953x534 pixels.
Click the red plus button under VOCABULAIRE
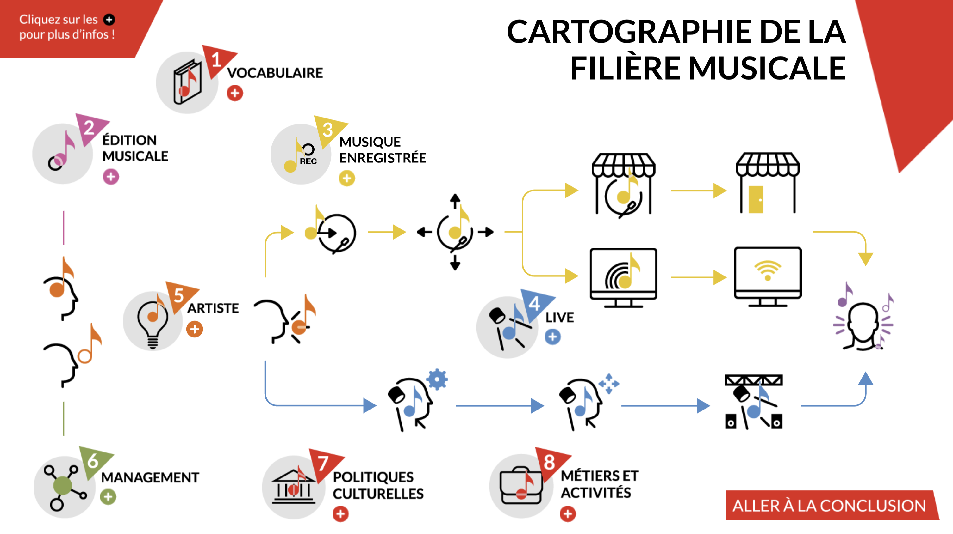pos(235,93)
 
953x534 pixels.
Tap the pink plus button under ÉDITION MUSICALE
pos(111,177)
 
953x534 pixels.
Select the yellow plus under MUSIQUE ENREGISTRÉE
pos(347,179)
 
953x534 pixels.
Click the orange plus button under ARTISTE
pos(195,329)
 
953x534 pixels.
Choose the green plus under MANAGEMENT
pos(108,497)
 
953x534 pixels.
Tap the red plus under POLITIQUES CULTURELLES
pos(340,514)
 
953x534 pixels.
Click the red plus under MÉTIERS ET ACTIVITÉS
pos(568,514)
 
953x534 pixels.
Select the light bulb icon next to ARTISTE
pos(153,322)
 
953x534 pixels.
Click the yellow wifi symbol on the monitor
pos(768,270)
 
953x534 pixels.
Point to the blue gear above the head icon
pos(437,379)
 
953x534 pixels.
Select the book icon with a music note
pos(188,82)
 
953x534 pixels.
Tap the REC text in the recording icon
pos(308,161)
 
